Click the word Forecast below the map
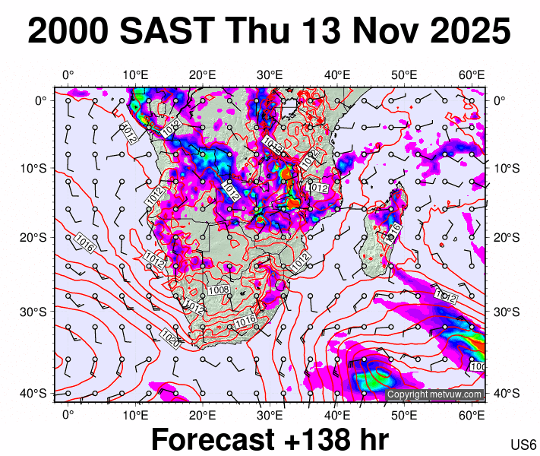[x=212, y=439]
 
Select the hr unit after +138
[x=372, y=439]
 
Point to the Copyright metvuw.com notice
[x=434, y=394]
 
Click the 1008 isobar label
[x=219, y=290]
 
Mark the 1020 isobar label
[x=169, y=338]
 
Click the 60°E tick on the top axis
[x=472, y=74]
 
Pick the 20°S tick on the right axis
[x=506, y=237]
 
